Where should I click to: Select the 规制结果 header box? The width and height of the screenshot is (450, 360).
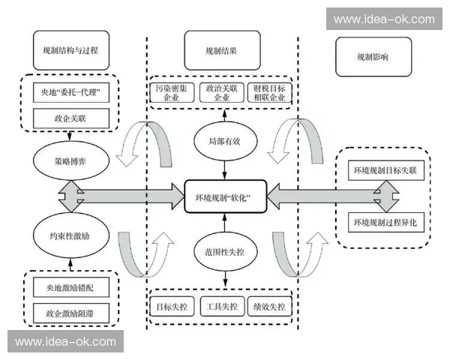[x=221, y=51]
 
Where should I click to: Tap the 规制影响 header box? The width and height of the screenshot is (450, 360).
[x=373, y=56]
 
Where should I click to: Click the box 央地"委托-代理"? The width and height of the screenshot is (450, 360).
[x=71, y=93]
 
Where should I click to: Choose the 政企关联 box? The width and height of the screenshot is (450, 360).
[x=71, y=117]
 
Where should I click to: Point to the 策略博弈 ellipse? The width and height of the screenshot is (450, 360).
[x=71, y=160]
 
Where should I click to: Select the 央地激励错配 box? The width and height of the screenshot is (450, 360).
[x=71, y=287]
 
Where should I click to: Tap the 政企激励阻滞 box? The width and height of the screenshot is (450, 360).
[x=71, y=310]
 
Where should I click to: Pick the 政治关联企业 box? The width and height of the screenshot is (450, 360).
[x=222, y=93]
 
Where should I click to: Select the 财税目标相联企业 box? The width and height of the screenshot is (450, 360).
[x=269, y=93]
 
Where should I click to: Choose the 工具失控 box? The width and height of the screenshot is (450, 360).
[x=222, y=307]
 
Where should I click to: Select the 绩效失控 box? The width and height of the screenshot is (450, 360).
[x=269, y=307]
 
